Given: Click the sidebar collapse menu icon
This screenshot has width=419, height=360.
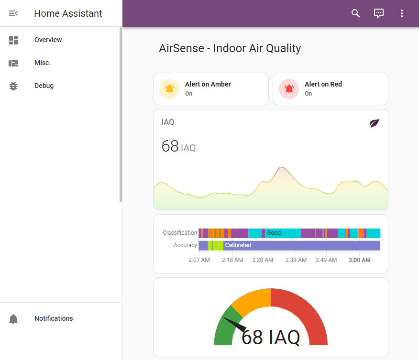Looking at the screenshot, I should (x=13, y=13).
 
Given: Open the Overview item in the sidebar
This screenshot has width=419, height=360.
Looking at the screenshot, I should (x=48, y=40).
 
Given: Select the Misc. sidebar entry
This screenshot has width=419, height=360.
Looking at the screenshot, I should (x=42, y=63).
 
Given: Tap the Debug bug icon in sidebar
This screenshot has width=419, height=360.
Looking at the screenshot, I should (x=13, y=86).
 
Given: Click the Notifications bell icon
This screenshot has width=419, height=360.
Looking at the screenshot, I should (x=13, y=319).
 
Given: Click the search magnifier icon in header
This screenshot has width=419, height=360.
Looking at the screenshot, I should (x=355, y=13).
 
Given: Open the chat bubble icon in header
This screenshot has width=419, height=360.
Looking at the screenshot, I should (x=379, y=13).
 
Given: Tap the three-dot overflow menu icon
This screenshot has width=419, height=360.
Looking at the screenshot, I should (x=402, y=13).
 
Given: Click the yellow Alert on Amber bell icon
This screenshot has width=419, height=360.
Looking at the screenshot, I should (x=169, y=89).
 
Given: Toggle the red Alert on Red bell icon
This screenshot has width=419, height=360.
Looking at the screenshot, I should (x=289, y=89).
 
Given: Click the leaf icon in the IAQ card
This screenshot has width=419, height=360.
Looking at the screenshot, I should (x=375, y=123).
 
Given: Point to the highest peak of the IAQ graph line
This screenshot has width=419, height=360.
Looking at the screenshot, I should (x=281, y=167).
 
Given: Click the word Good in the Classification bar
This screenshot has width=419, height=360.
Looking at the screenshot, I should (x=274, y=233).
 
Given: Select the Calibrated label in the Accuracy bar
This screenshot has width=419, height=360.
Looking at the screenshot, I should (x=238, y=245).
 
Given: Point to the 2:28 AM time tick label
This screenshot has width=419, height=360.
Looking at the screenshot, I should (x=263, y=260).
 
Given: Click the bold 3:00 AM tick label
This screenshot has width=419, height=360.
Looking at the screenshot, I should (x=359, y=260).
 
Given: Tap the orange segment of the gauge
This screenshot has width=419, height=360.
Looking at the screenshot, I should (x=251, y=301).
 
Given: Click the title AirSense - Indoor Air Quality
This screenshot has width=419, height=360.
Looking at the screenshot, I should (x=230, y=48).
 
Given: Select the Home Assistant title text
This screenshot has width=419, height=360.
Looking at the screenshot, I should (x=68, y=13).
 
